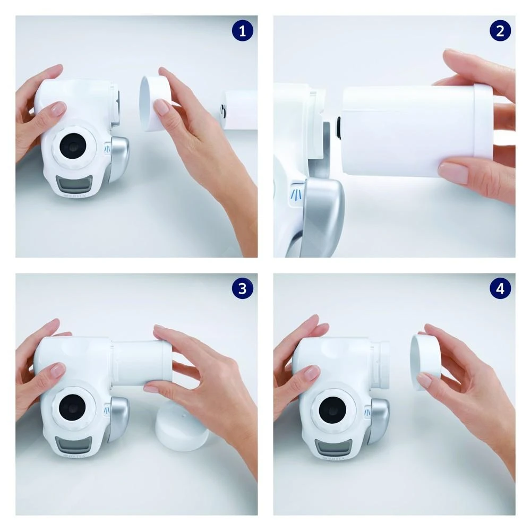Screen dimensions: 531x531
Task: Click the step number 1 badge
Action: (x=243, y=31)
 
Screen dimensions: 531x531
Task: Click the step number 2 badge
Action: (x=500, y=31)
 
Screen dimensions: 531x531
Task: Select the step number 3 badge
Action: (x=243, y=288)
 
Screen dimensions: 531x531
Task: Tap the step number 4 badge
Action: (x=500, y=288)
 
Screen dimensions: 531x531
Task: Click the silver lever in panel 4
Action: (x=379, y=419)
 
